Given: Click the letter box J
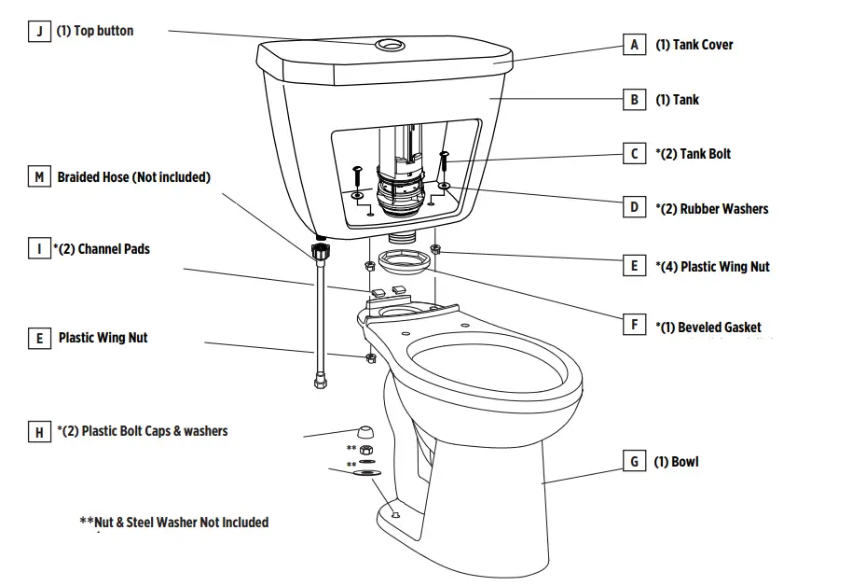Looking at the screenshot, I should click(x=39, y=31).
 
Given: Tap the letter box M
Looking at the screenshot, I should click(x=39, y=176).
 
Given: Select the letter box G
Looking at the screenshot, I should click(x=634, y=461).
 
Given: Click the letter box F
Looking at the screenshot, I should click(x=634, y=326).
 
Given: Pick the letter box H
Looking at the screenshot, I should click(x=39, y=431).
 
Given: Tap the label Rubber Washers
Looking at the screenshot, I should click(x=711, y=208).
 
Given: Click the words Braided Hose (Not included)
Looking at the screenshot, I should click(x=133, y=176).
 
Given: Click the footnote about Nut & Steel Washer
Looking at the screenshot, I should click(x=174, y=522).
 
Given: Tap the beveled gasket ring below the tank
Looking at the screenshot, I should click(x=406, y=261).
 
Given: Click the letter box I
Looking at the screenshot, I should click(x=39, y=249).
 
